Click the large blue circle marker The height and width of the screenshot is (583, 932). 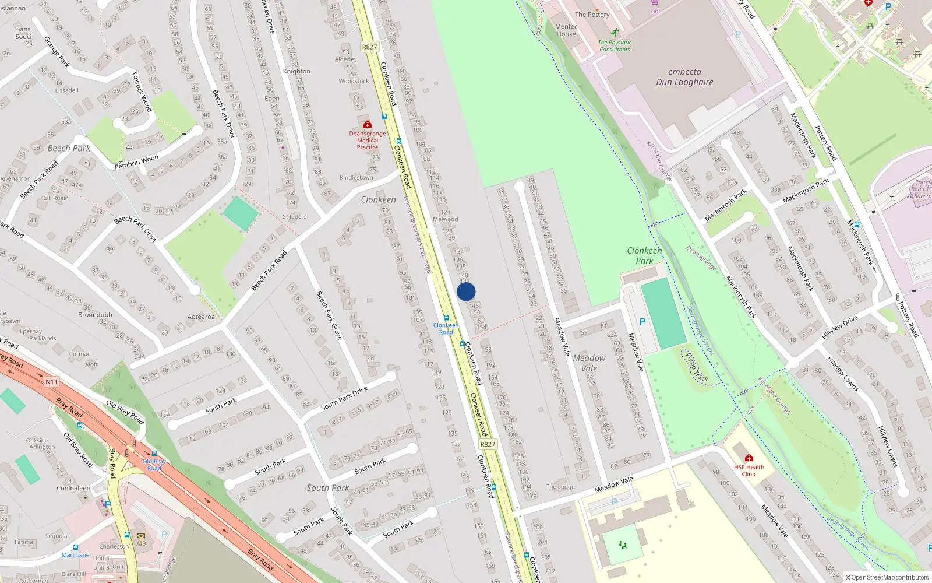[x=466, y=291]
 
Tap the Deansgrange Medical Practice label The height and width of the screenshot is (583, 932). [x=368, y=141]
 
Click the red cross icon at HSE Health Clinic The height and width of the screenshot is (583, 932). [x=749, y=458]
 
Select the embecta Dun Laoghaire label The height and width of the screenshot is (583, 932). [x=684, y=77]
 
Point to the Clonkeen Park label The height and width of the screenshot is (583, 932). [x=644, y=255]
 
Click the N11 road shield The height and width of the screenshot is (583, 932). [x=52, y=382]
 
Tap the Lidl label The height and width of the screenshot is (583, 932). [x=655, y=11]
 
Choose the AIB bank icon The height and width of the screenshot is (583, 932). [x=141, y=536]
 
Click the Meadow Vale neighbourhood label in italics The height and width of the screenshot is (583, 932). [x=589, y=363]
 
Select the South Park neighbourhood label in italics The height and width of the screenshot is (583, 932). [x=328, y=488]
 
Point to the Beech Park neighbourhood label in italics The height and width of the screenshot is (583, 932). [x=69, y=148]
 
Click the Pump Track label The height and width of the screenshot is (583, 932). [x=697, y=368]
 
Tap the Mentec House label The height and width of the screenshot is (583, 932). [x=566, y=30]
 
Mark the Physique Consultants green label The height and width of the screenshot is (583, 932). [x=615, y=46]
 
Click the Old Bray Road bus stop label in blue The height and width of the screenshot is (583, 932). [x=154, y=465]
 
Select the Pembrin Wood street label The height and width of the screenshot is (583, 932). [x=136, y=161]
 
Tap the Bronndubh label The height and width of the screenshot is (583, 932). [x=95, y=315]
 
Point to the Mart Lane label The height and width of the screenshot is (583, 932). [x=76, y=555]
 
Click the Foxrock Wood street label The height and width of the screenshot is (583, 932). [x=142, y=92]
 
